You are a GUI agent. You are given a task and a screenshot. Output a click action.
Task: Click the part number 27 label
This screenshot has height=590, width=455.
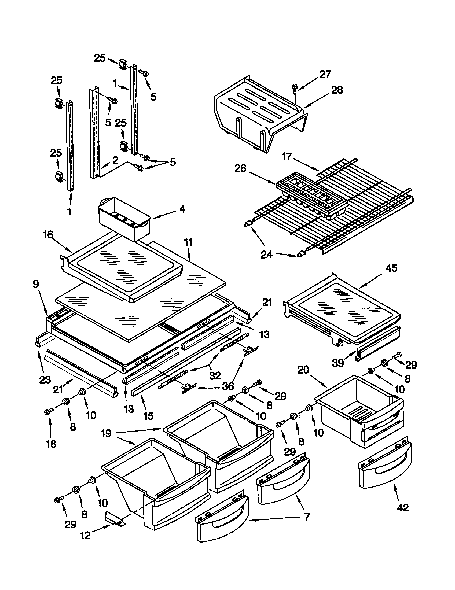tap(325, 74)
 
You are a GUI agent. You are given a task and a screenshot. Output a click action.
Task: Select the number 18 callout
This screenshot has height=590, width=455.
tap(51, 444)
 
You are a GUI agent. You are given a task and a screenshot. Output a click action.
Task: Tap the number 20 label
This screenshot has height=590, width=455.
tap(303, 370)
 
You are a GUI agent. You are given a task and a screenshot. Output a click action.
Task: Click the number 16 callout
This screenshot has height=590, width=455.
tap(48, 235)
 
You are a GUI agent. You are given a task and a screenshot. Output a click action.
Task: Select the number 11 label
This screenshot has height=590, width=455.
tap(188, 242)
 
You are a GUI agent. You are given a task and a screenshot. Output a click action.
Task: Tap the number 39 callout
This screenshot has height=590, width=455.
tap(338, 363)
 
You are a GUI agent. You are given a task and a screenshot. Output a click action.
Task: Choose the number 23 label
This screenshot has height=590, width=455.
tap(45, 380)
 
